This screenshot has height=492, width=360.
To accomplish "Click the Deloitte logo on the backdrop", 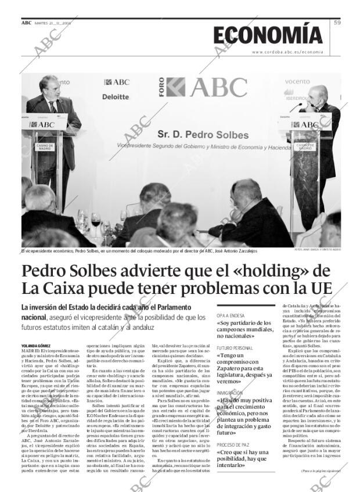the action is tap(116, 97).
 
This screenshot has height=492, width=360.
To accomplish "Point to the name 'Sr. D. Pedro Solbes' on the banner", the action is tap(203, 135).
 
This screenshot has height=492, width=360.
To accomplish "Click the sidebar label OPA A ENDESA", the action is tap(231, 314).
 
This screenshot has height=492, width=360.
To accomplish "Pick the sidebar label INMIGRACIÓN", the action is tap(231, 393).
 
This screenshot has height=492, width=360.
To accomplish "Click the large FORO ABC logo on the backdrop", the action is tap(206, 88).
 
